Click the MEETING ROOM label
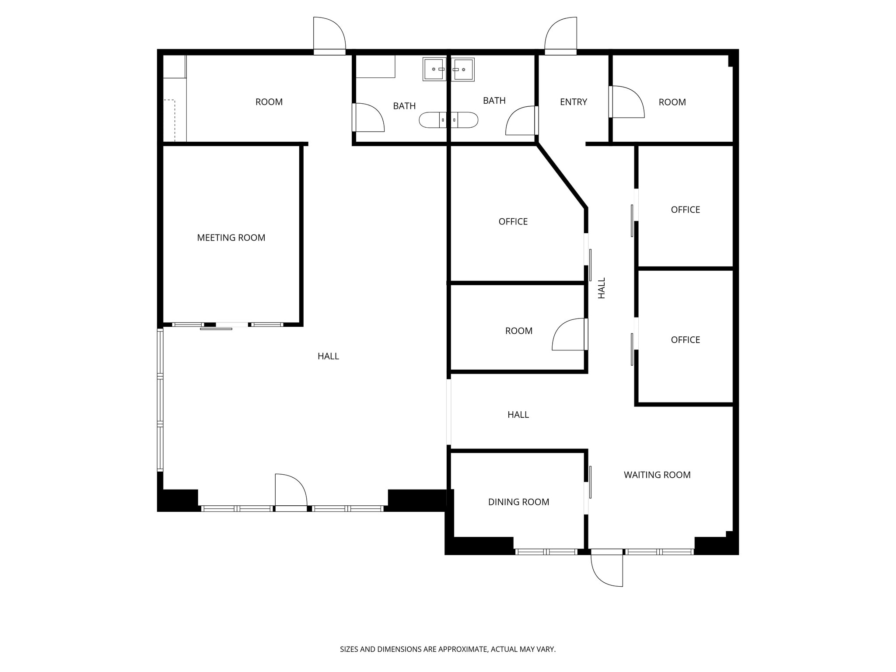tap(231, 238)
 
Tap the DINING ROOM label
tap(518, 502)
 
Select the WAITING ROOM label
tap(657, 475)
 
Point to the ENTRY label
tap(573, 102)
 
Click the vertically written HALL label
tap(602, 288)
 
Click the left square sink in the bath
tap(434, 69)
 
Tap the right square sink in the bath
tap(463, 69)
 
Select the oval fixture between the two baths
tap(448, 120)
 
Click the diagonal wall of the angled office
tap(562, 176)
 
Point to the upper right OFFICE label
tap(685, 210)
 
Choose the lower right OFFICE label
tap(685, 340)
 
